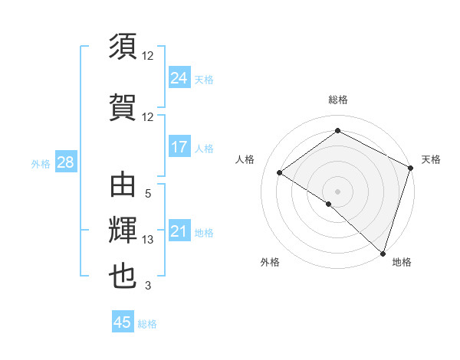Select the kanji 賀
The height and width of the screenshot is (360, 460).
(x=123, y=105)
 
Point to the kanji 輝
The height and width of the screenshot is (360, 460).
(x=123, y=231)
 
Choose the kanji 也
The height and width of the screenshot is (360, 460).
(x=123, y=277)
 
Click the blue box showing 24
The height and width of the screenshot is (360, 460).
(x=179, y=78)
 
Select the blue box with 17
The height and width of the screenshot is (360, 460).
(x=179, y=147)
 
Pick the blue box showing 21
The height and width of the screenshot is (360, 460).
(x=179, y=231)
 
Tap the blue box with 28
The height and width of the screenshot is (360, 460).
(x=65, y=162)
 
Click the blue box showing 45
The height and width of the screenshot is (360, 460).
(x=123, y=322)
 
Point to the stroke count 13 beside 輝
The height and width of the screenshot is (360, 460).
(x=148, y=240)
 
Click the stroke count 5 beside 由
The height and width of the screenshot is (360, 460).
(x=148, y=195)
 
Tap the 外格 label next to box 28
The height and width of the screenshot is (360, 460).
(x=41, y=163)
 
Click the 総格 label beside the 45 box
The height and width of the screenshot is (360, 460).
(x=147, y=323)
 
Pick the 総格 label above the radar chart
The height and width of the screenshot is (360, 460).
(x=337, y=100)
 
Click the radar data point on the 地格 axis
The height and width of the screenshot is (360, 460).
(x=383, y=253)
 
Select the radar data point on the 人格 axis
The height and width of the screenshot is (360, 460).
(x=280, y=172)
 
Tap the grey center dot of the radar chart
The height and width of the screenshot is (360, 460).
(x=337, y=191)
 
